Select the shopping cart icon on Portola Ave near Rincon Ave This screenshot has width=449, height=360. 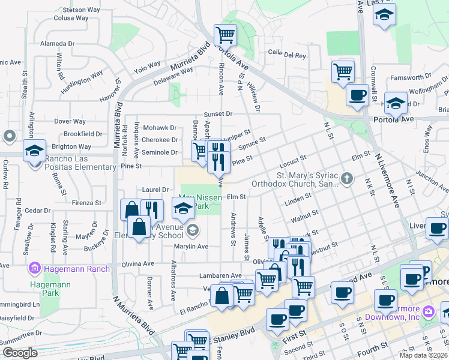[226, 35]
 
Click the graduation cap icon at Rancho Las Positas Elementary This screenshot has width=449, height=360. [34, 150]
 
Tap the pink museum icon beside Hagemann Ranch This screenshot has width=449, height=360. [35, 268]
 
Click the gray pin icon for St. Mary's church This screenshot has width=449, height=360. [346, 178]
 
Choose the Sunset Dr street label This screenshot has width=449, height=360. [218, 113]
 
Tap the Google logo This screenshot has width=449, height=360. [19, 353]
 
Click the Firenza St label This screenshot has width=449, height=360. [86, 203]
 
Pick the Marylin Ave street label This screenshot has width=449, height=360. [191, 247]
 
